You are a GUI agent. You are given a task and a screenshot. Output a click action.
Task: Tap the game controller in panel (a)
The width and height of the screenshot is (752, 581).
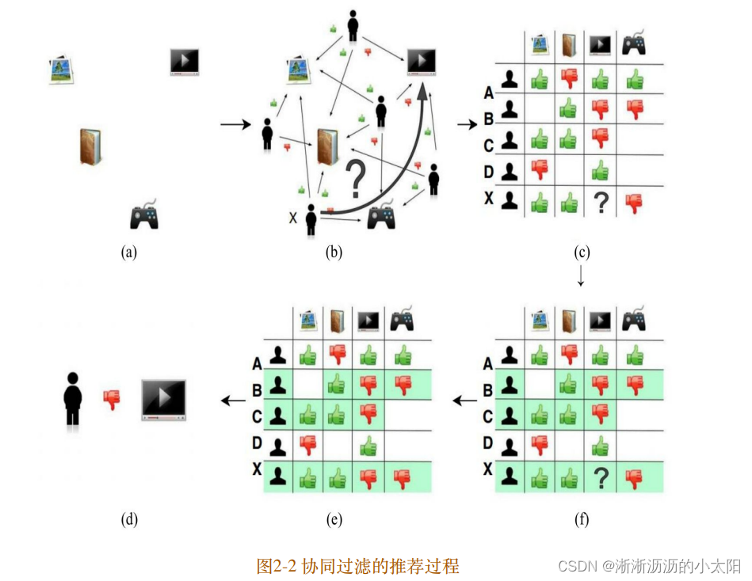click(x=144, y=215)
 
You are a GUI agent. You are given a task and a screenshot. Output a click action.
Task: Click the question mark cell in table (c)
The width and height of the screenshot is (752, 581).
click(x=601, y=203)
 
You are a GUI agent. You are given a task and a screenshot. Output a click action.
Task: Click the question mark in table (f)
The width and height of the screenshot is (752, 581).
click(x=601, y=477)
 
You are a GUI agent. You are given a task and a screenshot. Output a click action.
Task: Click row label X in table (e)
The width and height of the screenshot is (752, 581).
click(x=257, y=469)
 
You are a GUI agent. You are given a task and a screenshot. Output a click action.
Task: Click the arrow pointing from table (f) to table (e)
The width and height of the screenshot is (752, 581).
click(x=464, y=401)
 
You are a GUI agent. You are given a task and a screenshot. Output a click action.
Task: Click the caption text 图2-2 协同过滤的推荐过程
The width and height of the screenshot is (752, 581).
click(x=358, y=566)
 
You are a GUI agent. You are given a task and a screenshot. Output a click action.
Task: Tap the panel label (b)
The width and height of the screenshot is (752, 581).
click(x=334, y=253)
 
